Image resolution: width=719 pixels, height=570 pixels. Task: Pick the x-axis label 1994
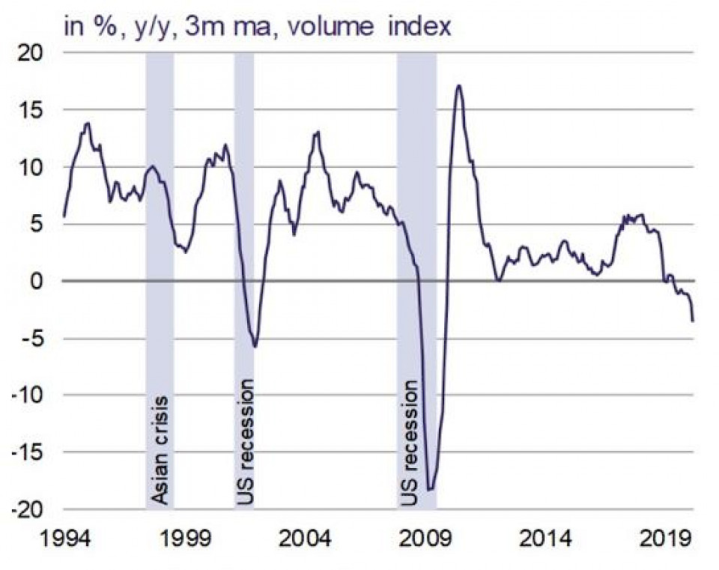64,539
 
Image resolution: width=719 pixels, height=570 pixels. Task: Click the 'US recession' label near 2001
244,442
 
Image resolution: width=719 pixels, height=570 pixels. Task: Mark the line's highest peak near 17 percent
459,85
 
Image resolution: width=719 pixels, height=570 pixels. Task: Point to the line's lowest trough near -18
430,489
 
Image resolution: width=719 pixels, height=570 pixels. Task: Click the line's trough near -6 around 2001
255,346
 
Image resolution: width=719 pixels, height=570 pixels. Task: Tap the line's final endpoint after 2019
693,321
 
